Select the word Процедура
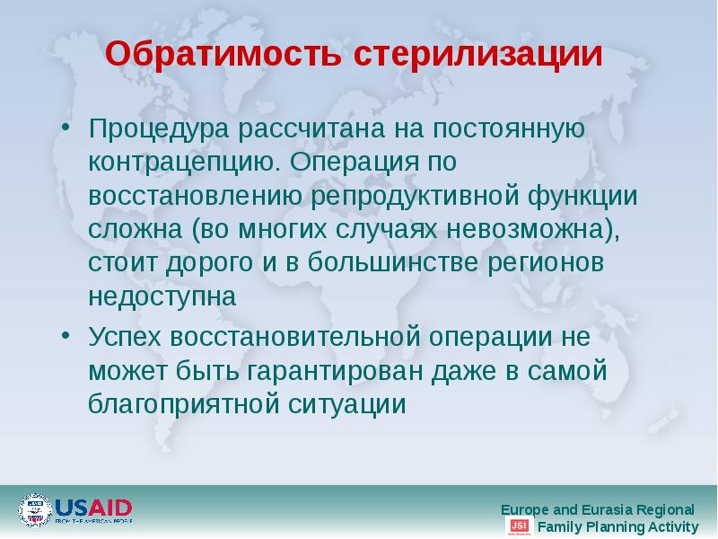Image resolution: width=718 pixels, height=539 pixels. click(x=158, y=128)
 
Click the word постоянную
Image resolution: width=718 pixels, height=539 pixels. click(x=508, y=128)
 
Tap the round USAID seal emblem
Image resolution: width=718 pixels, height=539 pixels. click(x=36, y=509)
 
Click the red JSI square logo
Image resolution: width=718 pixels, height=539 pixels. click(x=519, y=526)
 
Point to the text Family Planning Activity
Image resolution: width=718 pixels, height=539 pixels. click(x=617, y=526)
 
